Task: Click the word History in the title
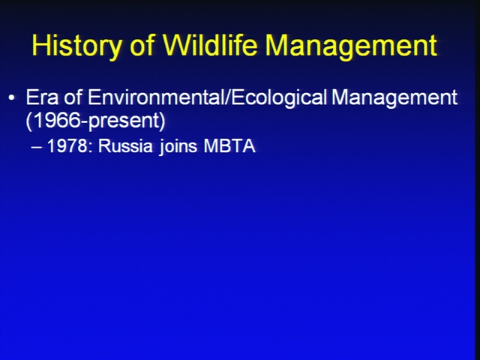click(x=76, y=46)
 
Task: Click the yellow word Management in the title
click(x=351, y=46)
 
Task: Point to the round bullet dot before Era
click(x=12, y=98)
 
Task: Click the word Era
click(x=42, y=97)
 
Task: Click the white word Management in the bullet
click(x=394, y=98)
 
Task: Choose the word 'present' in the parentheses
click(x=124, y=121)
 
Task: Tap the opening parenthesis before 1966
click(x=28, y=121)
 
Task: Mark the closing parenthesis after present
click(x=162, y=121)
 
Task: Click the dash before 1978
click(x=37, y=147)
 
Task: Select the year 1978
click(x=67, y=145)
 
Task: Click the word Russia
click(x=125, y=145)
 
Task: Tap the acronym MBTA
click(x=229, y=145)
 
